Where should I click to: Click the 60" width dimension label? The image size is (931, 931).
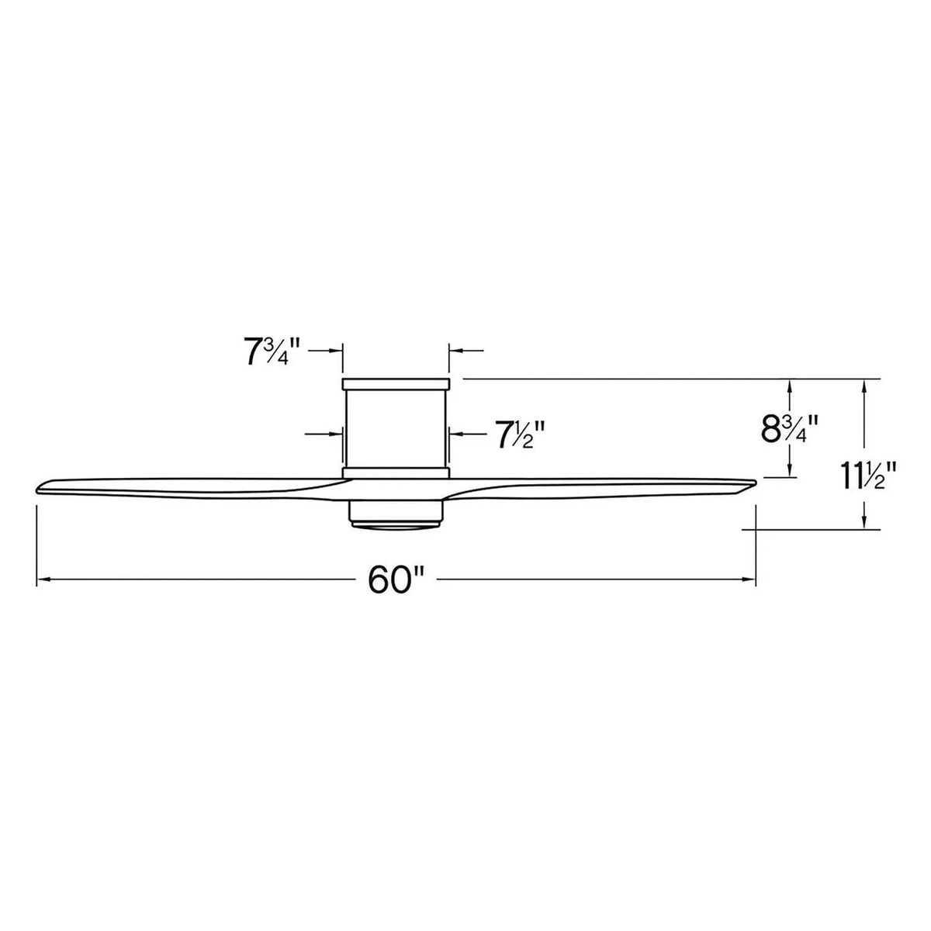(396, 579)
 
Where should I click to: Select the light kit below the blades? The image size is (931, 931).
(396, 516)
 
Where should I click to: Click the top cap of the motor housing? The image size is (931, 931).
(396, 384)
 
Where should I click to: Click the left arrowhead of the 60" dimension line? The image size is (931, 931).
(43, 579)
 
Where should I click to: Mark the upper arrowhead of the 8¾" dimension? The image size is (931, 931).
(790, 385)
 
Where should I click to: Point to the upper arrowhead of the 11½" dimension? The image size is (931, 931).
(864, 385)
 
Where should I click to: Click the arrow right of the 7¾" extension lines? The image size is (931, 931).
(455, 351)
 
